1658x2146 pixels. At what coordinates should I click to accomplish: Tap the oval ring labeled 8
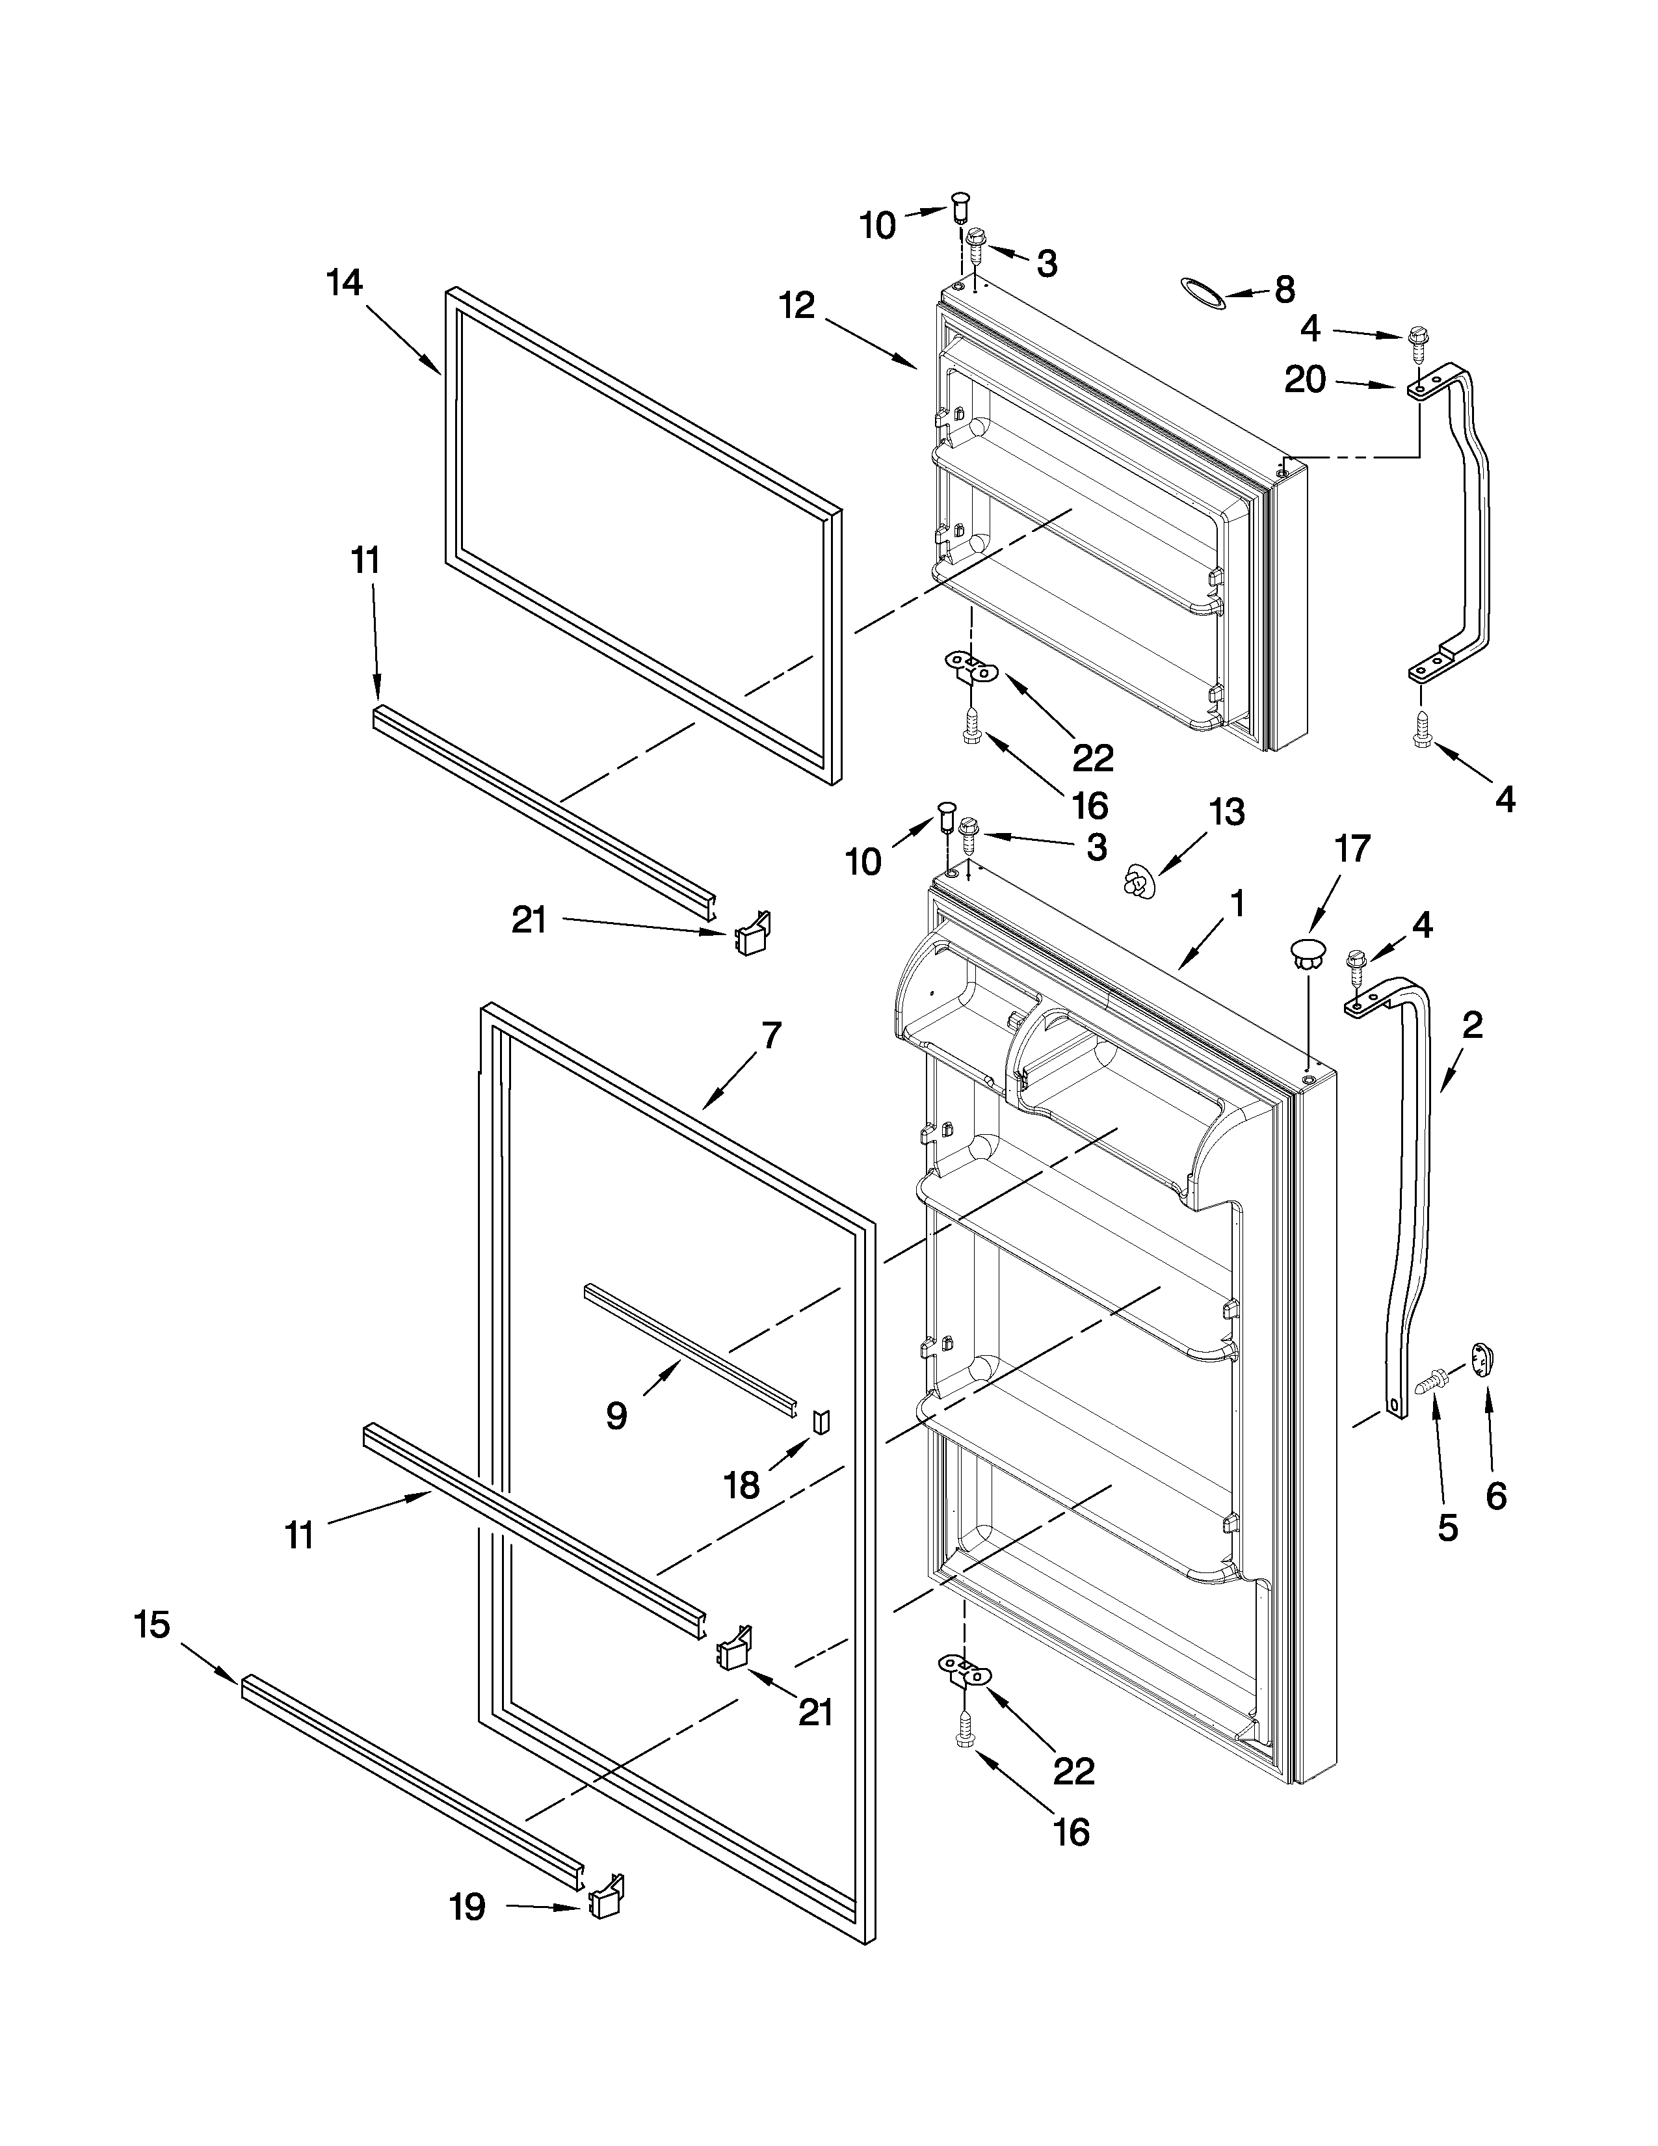[x=1204, y=293]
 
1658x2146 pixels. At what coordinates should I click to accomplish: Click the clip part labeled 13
[x=1137, y=881]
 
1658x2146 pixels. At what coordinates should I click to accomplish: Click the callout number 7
[x=771, y=1035]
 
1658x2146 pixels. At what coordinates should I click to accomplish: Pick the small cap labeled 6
[x=1482, y=1360]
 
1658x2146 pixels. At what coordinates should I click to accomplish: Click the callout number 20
[x=1306, y=380]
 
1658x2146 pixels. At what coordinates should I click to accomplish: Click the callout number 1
[x=1237, y=904]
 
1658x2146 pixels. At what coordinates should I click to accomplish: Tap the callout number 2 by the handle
[x=1472, y=1026]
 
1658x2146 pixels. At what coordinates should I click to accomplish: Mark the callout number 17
[x=1352, y=848]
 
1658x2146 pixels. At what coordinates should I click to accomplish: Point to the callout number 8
[x=1285, y=290]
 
